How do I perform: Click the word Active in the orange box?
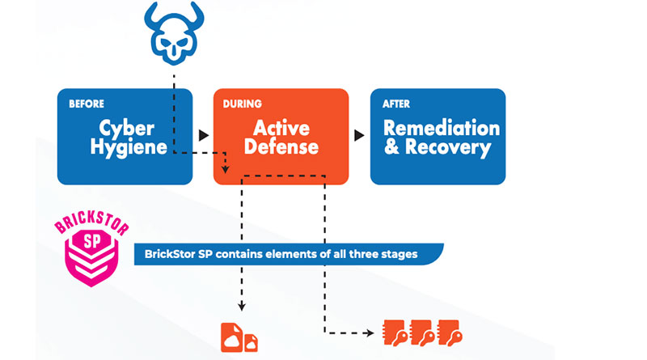tap(281, 128)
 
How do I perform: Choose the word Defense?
tap(281, 148)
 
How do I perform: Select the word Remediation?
tap(441, 128)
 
